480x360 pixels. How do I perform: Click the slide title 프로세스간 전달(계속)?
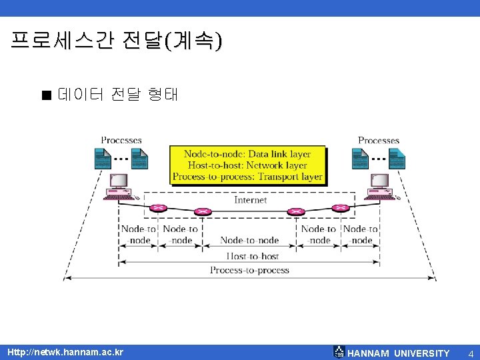117,41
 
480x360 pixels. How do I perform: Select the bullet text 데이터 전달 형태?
118,94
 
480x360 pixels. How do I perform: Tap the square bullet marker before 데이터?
46,95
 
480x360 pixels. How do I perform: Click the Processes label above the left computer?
121,140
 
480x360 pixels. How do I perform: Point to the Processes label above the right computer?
379,140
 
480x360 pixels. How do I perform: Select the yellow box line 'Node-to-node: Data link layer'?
247,154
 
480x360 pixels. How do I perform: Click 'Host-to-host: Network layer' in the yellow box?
247,165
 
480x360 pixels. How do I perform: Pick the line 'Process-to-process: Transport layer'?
247,177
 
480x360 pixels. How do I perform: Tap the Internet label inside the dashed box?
251,200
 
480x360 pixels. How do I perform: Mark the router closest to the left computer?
158,207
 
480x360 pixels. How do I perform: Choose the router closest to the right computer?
341,207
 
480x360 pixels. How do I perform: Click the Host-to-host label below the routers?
252,256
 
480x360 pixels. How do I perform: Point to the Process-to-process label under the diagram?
249,270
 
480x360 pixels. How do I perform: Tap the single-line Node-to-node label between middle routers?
249,240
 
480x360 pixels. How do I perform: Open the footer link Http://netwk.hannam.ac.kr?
65,352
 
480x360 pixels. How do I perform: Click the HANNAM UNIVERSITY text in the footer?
399,353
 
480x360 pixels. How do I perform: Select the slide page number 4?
470,353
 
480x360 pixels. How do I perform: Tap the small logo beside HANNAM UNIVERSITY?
339,353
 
